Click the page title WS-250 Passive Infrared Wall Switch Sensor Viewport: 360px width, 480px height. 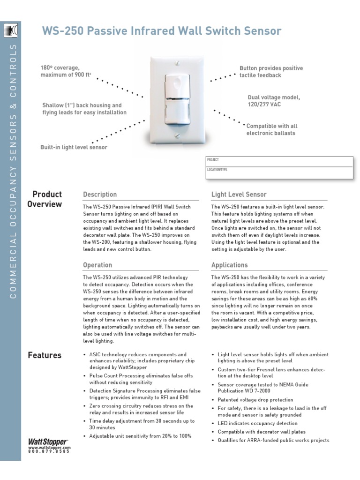point(162,31)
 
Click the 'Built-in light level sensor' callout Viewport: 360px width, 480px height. point(74,147)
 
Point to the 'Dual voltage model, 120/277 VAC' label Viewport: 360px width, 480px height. point(273,101)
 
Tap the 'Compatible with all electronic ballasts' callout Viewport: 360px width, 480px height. point(272,130)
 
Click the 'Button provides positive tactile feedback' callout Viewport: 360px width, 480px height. point(271,72)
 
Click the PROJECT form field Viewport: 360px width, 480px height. point(279,162)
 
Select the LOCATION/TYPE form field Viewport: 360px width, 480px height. point(279,172)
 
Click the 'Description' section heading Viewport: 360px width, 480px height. point(100,195)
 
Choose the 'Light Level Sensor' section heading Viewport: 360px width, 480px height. point(239,195)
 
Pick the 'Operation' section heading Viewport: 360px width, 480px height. point(97,265)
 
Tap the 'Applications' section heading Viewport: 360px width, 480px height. point(229,265)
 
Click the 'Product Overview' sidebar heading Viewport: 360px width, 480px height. point(45,199)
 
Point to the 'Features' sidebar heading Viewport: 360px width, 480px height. point(45,355)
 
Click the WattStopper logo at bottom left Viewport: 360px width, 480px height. point(48,442)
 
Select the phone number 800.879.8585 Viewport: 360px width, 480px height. point(49,451)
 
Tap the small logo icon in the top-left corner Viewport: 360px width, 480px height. point(10,31)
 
